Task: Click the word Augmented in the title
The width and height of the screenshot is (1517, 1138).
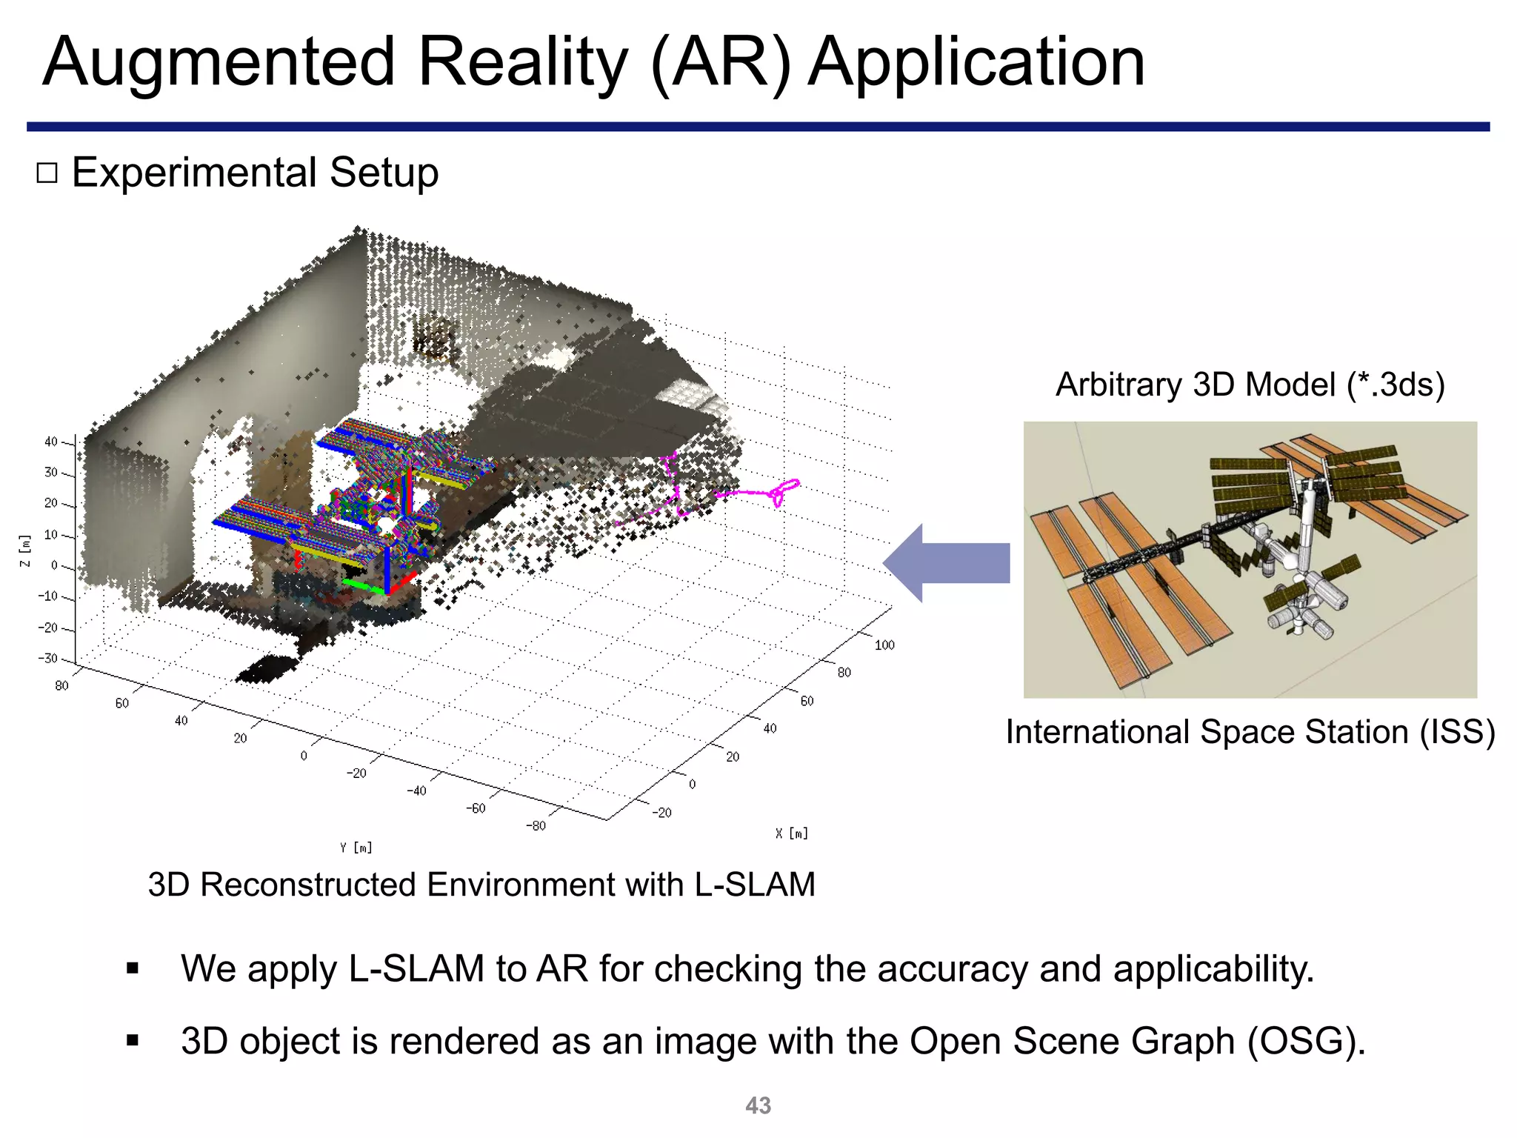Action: tap(219, 64)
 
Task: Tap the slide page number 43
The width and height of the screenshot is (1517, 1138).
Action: tap(758, 1105)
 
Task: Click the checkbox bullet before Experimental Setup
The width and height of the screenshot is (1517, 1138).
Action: tap(47, 173)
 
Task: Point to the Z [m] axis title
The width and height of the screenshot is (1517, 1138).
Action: tap(26, 551)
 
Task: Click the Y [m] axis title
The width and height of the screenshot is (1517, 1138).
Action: tap(356, 848)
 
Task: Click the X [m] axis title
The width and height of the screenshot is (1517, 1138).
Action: tap(792, 833)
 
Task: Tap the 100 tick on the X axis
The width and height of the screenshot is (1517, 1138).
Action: tap(884, 645)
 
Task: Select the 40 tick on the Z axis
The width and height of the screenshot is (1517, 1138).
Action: tap(50, 442)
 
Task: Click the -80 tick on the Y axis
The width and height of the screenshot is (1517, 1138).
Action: tap(535, 825)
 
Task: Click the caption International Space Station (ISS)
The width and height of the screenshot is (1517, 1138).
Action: tap(1250, 733)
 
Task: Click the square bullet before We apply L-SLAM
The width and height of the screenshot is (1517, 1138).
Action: tap(133, 969)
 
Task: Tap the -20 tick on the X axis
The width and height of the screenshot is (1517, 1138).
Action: tap(661, 813)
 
